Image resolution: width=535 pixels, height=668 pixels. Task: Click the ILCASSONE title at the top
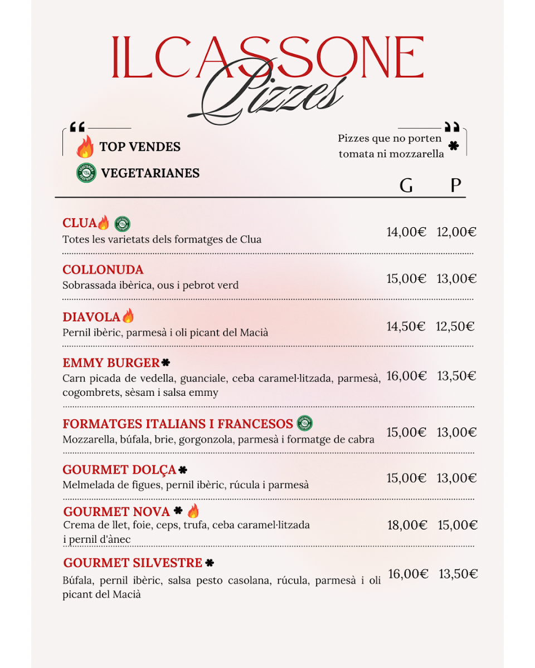[267, 58]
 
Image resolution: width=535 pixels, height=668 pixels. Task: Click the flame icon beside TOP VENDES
[85, 147]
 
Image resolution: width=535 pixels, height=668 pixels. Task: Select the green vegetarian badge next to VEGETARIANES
[86, 173]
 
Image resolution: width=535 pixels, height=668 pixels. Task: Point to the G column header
[406, 185]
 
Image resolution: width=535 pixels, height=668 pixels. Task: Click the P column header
[456, 185]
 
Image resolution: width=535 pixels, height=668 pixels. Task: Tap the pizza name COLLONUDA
[103, 270]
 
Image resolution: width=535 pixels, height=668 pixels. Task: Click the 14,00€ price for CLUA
[406, 232]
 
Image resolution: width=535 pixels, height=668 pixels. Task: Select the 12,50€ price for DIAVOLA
[455, 327]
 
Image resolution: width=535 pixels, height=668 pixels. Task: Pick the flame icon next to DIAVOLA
[128, 316]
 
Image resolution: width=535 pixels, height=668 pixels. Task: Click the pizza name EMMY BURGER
[111, 364]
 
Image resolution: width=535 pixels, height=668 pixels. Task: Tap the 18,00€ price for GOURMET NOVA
[407, 525]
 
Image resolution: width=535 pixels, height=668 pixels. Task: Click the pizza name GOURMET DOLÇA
[119, 470]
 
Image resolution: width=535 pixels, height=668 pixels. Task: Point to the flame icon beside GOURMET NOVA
[193, 511]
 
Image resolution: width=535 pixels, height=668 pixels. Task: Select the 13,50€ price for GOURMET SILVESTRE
[458, 574]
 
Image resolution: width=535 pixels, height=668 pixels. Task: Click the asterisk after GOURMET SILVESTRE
[210, 563]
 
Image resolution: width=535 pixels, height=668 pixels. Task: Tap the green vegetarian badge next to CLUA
[122, 224]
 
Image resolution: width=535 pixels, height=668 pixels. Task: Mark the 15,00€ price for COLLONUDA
[406, 279]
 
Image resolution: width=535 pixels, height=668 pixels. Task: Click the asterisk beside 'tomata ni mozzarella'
[454, 146]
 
